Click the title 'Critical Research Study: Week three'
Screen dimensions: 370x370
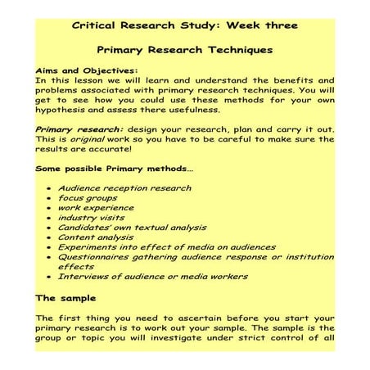coord(185,25)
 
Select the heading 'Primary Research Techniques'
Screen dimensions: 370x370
coord(184,49)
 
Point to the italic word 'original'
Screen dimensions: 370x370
coord(99,139)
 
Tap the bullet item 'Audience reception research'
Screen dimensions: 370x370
coord(124,187)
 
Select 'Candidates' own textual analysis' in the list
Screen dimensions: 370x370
coord(131,227)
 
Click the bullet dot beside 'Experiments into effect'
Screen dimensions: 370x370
coord(50,247)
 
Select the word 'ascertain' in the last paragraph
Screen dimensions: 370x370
coord(205,318)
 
